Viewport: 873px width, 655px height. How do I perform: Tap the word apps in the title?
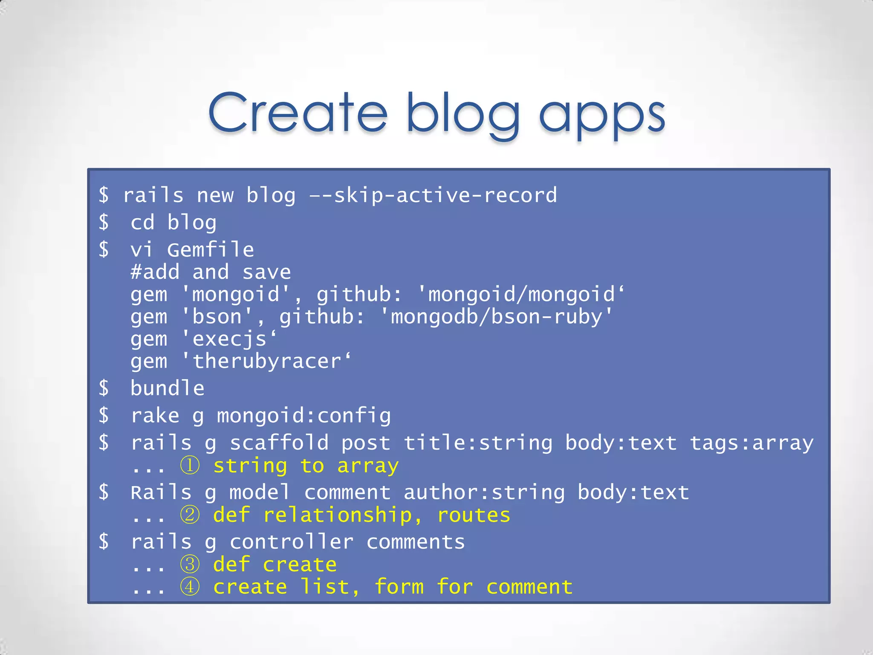pyautogui.click(x=601, y=115)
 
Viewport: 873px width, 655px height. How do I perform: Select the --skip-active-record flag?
pyautogui.click(x=433, y=195)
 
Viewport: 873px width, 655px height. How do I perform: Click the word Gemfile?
pyautogui.click(x=211, y=249)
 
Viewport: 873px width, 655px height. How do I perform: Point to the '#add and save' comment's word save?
pyautogui.click(x=266, y=272)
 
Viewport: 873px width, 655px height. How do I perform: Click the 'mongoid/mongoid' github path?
pyautogui.click(x=521, y=294)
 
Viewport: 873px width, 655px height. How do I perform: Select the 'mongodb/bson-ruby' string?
pyautogui.click(x=496, y=317)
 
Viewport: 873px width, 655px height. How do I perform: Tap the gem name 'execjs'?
pyautogui.click(x=229, y=339)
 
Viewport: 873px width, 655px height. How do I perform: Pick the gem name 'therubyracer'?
pyautogui.click(x=266, y=362)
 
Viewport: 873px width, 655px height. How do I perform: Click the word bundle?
pyautogui.click(x=168, y=388)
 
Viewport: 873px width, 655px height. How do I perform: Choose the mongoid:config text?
pyautogui.click(x=304, y=416)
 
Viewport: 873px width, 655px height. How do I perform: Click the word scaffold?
pyautogui.click(x=279, y=443)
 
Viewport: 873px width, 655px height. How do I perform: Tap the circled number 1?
pyautogui.click(x=190, y=465)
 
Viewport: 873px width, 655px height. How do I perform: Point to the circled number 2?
pyautogui.click(x=190, y=515)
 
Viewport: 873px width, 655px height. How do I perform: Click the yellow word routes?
pyautogui.click(x=474, y=515)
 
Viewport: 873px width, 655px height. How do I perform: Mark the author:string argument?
pyautogui.click(x=484, y=493)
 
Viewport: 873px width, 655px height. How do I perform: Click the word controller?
pyautogui.click(x=292, y=542)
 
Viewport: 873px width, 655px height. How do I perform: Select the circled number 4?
pyautogui.click(x=190, y=587)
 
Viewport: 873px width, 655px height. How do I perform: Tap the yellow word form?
pyautogui.click(x=399, y=587)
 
